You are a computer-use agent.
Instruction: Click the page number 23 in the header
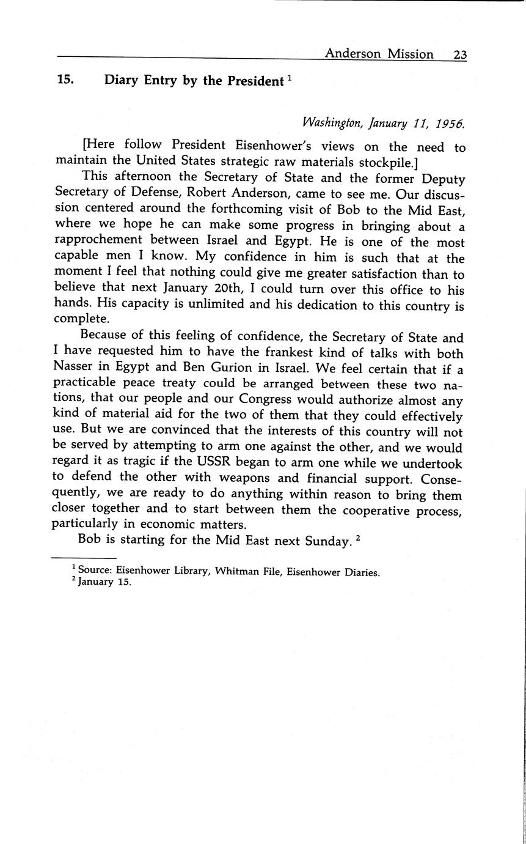pos(460,54)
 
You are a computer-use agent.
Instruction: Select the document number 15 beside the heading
pos(65,80)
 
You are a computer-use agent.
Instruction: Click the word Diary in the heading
pos(122,80)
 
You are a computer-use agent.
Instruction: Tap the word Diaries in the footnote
pos(357,573)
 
